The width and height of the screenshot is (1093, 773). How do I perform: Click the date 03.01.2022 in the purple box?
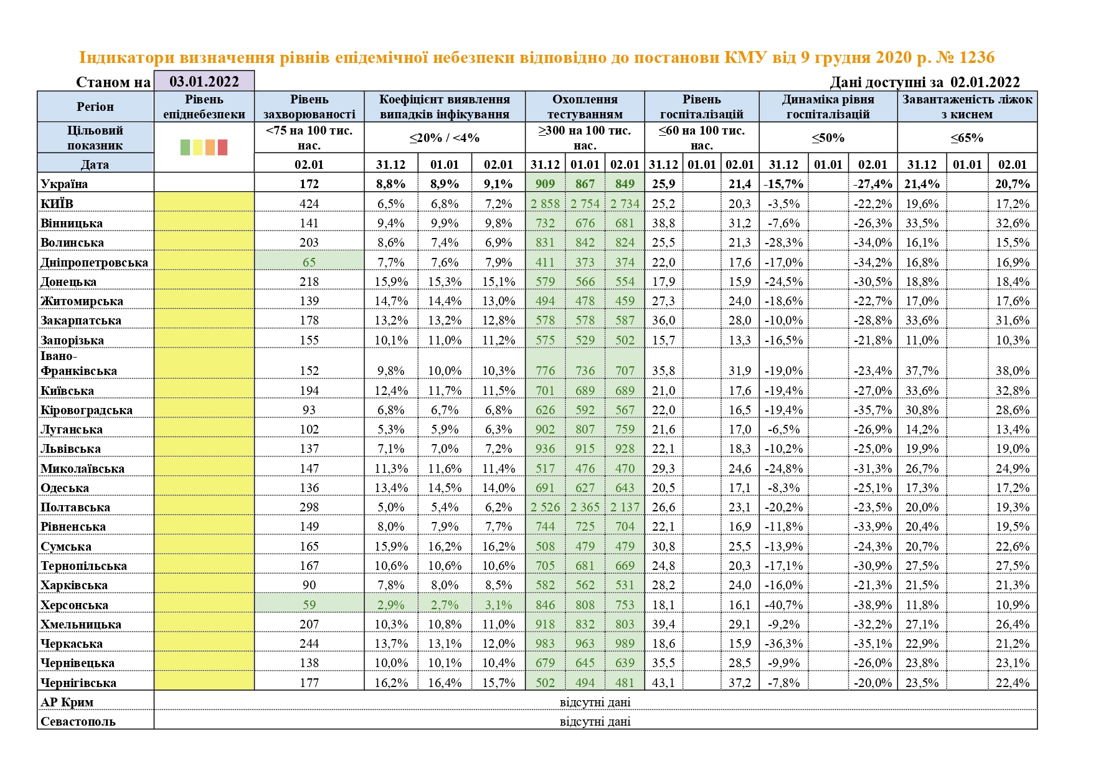(204, 82)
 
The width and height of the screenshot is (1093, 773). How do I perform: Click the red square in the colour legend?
(222, 147)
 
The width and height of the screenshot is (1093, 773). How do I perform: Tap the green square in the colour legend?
(185, 147)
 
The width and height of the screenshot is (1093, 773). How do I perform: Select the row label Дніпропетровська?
(95, 262)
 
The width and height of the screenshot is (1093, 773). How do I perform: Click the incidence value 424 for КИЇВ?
(309, 204)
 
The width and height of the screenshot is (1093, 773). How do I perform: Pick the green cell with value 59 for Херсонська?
(309, 605)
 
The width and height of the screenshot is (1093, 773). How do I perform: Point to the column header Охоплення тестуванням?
(585, 107)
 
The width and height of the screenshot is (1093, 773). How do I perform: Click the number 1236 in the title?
(977, 57)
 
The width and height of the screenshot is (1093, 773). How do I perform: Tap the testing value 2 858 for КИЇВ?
(545, 204)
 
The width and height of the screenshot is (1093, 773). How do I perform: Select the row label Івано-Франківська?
(79, 364)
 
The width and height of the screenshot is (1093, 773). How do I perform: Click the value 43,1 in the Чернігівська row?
(663, 683)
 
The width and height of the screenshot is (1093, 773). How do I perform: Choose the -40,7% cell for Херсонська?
(783, 605)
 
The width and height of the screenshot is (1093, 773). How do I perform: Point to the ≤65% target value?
(967, 138)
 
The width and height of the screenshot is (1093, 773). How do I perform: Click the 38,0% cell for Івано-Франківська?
(1012, 371)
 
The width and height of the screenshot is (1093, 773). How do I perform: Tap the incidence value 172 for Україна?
(309, 184)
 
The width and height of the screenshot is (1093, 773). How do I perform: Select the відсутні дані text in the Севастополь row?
(595, 722)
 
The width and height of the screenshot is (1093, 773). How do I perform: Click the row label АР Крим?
(67, 702)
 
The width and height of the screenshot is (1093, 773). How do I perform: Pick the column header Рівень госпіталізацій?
(701, 107)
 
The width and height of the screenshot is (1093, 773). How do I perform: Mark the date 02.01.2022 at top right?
(985, 82)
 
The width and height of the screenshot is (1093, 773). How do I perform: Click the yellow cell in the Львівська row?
(204, 448)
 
